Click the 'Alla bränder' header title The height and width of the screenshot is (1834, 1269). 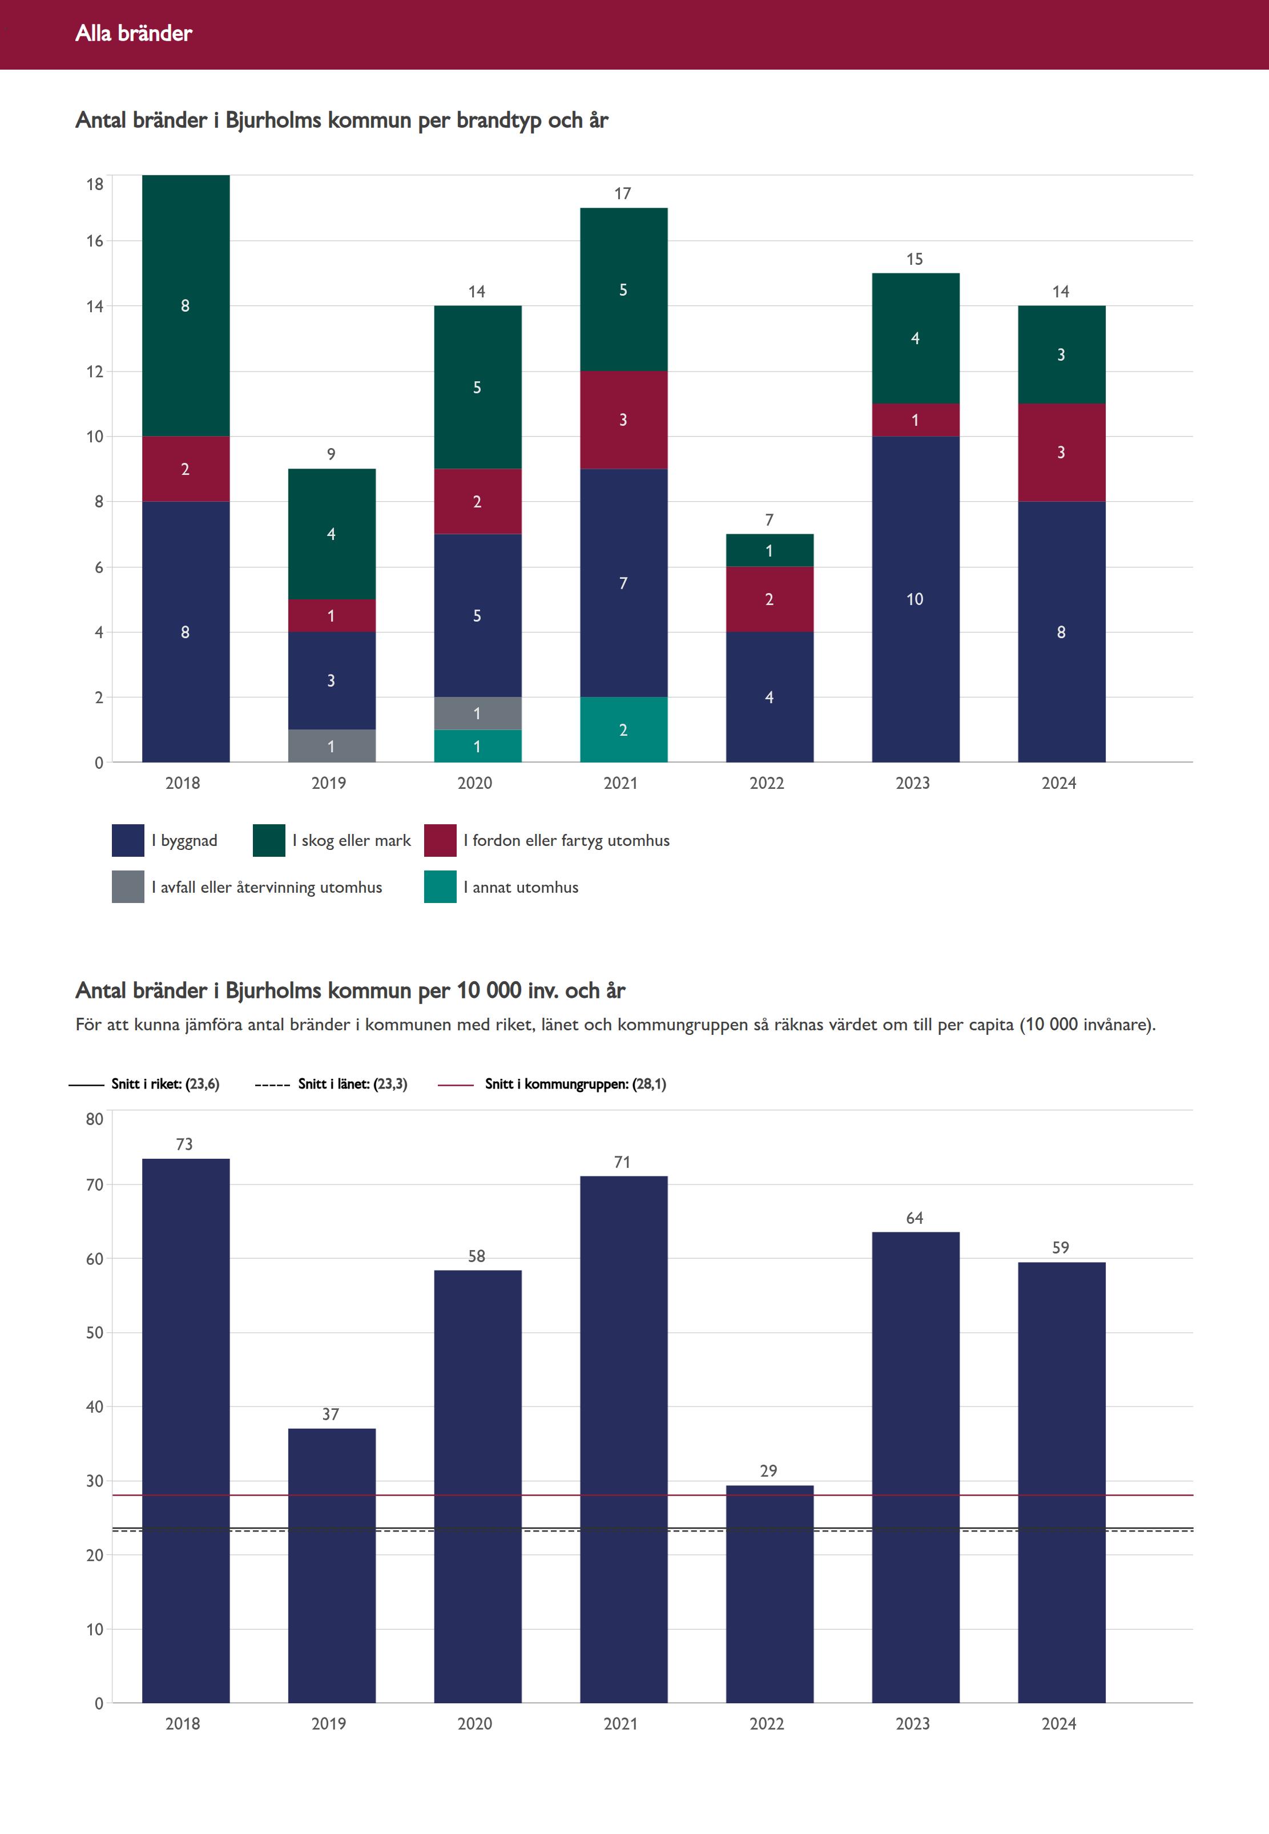tap(134, 33)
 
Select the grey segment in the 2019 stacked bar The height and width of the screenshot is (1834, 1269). tap(332, 745)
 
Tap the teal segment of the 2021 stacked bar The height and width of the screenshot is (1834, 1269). tap(623, 730)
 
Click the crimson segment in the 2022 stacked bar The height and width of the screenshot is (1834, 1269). tap(770, 599)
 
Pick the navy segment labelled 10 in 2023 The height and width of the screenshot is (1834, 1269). tap(915, 599)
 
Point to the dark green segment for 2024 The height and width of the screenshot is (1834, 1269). tap(1061, 354)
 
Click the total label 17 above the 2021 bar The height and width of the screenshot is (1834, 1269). tap(623, 193)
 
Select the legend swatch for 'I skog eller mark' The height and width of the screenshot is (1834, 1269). tap(269, 840)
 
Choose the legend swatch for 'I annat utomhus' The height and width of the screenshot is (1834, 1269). tap(440, 887)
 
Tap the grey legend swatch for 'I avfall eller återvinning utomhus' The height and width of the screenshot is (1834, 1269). tap(128, 887)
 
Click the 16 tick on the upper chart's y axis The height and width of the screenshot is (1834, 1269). tap(95, 241)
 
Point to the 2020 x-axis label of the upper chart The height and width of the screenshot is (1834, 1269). tap(475, 783)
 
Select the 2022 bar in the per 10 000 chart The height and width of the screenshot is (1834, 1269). tap(770, 1594)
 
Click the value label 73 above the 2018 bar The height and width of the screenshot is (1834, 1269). tap(184, 1144)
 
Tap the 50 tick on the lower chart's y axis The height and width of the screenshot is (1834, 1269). tap(95, 1332)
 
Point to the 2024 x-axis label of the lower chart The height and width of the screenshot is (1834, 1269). tap(1059, 1723)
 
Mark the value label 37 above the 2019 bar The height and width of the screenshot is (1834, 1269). tap(331, 1414)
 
